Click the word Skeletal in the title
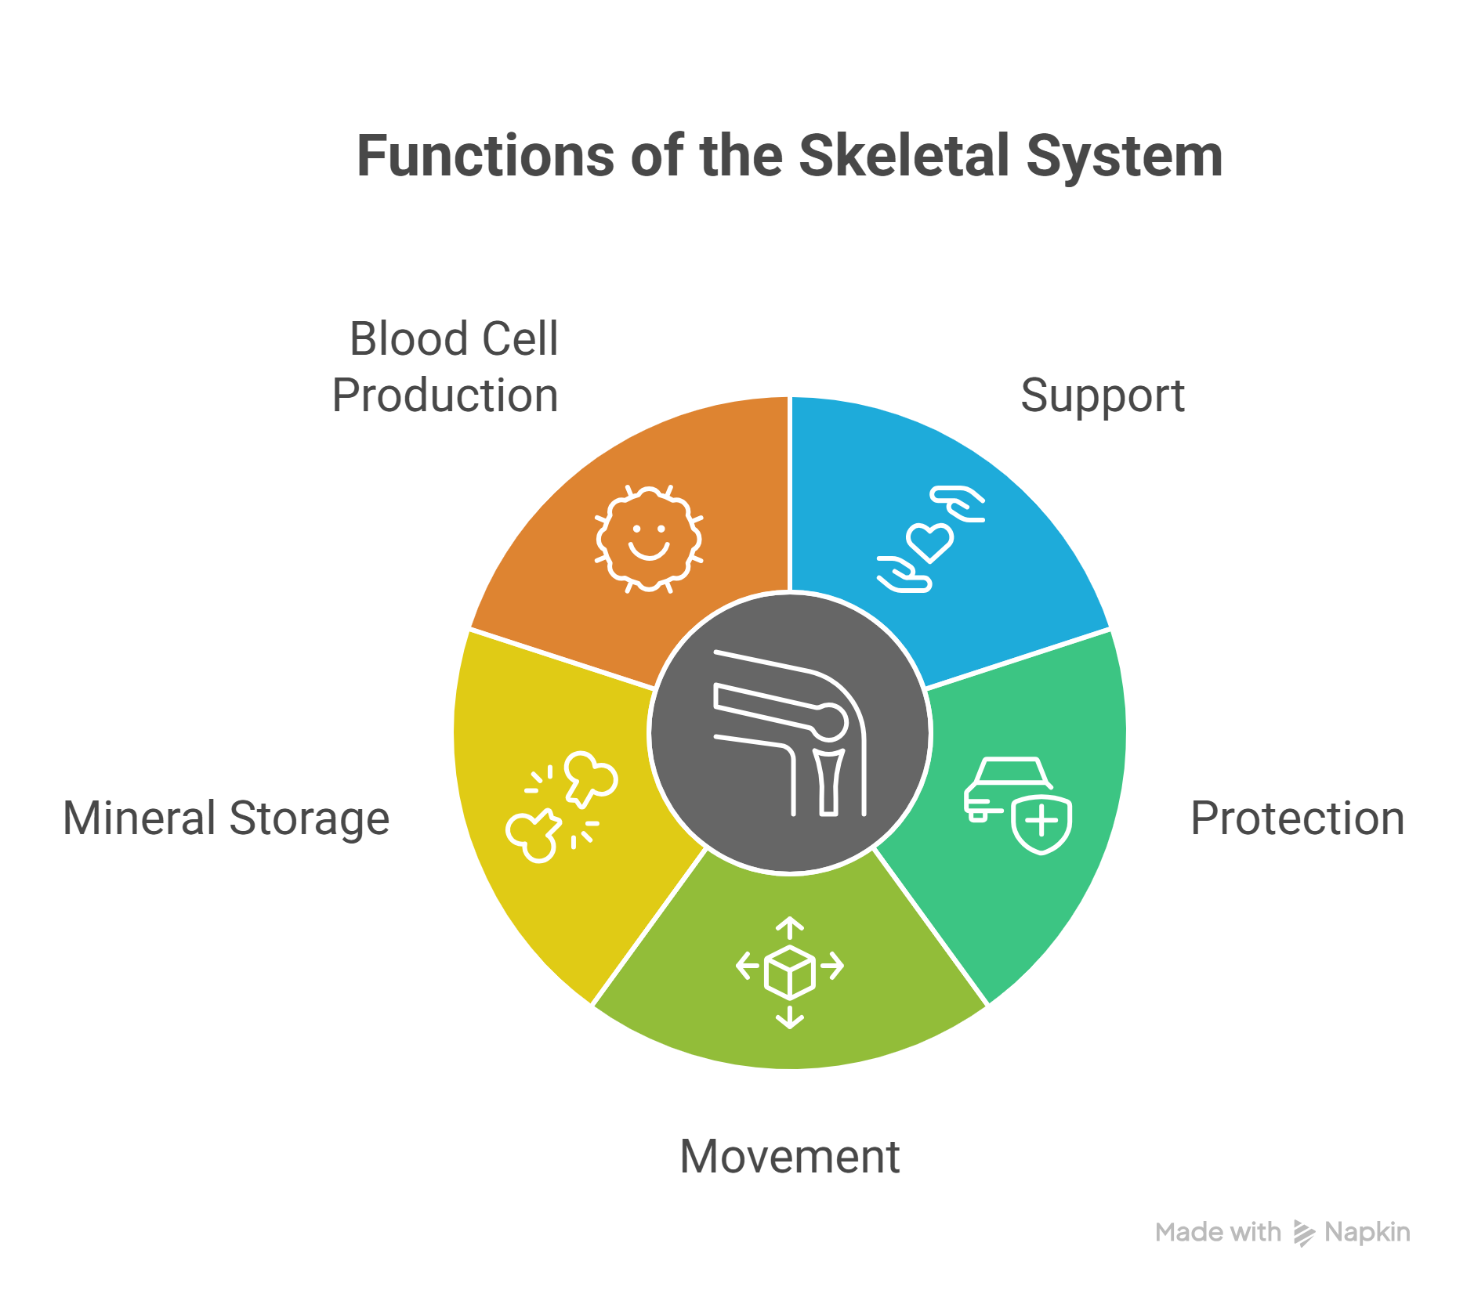point(904,156)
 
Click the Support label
point(1102,396)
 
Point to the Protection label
point(1297,818)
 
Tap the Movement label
point(790,1157)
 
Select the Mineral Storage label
point(226,818)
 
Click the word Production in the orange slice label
point(445,395)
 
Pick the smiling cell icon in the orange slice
point(649,539)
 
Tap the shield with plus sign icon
point(1041,824)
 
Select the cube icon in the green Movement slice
point(790,972)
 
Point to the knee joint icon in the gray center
point(790,733)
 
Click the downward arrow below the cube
point(790,1017)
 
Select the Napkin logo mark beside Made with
point(1303,1233)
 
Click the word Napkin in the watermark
point(1367,1232)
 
